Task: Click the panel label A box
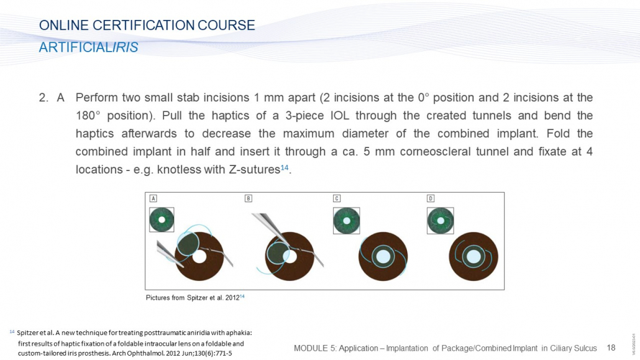pos(153,198)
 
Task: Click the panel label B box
pos(248,198)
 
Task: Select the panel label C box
pos(337,198)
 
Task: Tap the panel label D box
pos(431,198)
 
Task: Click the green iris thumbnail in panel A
pos(162,220)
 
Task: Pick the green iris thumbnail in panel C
pos(347,221)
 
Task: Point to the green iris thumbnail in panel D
pos(441,221)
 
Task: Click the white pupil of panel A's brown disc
pos(199,257)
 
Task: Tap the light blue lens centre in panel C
pos(383,257)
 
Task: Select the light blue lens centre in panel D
pos(473,257)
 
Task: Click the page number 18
pos(611,348)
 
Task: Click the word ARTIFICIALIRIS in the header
pos(89,47)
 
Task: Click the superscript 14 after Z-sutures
pos(285,167)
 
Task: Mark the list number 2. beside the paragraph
pos(43,98)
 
